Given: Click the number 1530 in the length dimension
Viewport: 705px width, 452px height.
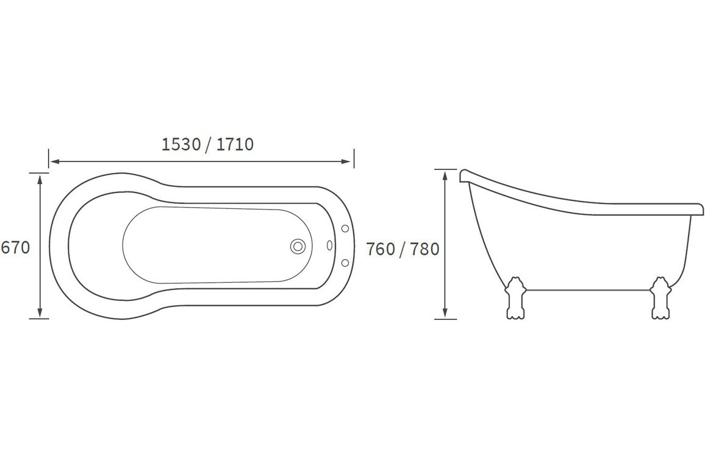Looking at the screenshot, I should click(181, 144).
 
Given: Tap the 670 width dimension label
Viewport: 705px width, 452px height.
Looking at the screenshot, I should click(15, 247).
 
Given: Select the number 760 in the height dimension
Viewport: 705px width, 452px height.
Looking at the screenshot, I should click(381, 249).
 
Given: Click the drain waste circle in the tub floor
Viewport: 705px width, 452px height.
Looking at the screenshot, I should click(298, 246).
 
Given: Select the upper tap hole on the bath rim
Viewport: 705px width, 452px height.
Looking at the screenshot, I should click(345, 228).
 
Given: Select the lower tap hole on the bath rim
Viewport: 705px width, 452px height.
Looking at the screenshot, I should click(345, 263).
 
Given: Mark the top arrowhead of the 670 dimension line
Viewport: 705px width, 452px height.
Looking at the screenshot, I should click(40, 177).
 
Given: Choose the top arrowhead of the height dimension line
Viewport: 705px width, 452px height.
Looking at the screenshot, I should click(446, 175).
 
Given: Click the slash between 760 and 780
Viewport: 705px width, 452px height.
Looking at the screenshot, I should click(403, 249).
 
